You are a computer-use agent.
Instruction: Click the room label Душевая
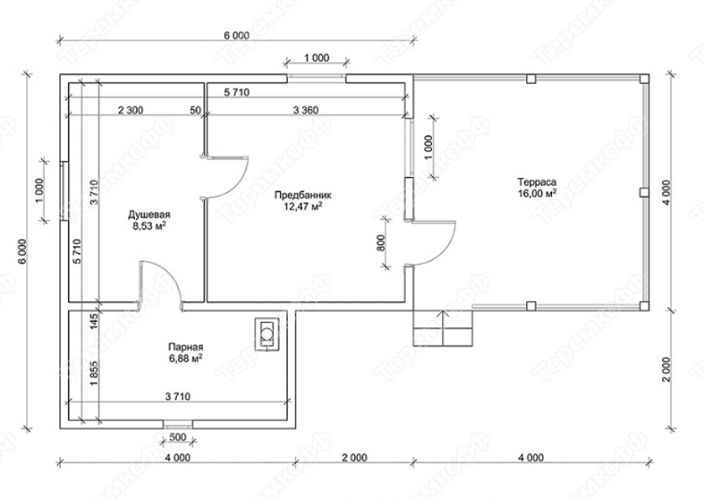point(149,214)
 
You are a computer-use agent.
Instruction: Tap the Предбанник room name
point(303,195)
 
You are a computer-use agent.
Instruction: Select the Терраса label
point(537,182)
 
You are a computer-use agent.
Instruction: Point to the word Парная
point(186,347)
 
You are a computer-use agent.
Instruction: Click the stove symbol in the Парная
point(267,334)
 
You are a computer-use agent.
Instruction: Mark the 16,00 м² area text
point(537,193)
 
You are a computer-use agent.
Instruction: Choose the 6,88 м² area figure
point(186,358)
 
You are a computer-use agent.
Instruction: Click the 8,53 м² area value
point(149,225)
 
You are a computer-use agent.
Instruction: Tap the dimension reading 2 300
point(130,109)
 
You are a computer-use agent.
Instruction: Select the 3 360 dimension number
point(306,109)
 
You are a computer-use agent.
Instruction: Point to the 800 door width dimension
point(382,242)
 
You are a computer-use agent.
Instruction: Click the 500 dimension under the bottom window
point(178,438)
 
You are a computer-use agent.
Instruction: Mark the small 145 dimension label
point(94,322)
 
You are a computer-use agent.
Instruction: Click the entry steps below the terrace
point(443,328)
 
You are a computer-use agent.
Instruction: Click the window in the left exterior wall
point(64,191)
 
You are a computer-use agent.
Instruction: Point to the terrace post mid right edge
point(644,192)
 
